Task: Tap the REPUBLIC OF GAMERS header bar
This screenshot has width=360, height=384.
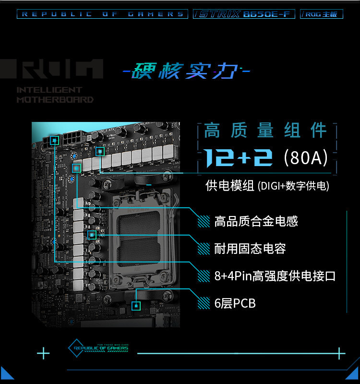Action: (102, 14)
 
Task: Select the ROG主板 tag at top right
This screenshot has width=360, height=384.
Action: (322, 14)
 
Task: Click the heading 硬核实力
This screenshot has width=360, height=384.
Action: (186, 72)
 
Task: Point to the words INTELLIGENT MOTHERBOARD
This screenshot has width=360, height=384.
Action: (55, 95)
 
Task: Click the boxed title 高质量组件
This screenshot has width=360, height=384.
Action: (265, 131)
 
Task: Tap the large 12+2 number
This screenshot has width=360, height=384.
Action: (238, 158)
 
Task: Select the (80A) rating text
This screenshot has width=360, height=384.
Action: (305, 158)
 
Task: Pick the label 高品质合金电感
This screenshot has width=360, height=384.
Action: (256, 221)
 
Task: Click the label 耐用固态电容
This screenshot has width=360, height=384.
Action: (250, 249)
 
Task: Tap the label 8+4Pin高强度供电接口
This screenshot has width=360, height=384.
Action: (275, 276)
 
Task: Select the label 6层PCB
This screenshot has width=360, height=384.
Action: (235, 303)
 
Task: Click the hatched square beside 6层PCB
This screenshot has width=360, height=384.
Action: (204, 303)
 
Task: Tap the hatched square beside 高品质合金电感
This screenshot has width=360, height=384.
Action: (204, 221)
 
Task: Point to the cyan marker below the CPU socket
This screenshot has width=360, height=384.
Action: (136, 305)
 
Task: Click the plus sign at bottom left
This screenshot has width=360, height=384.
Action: (43, 354)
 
